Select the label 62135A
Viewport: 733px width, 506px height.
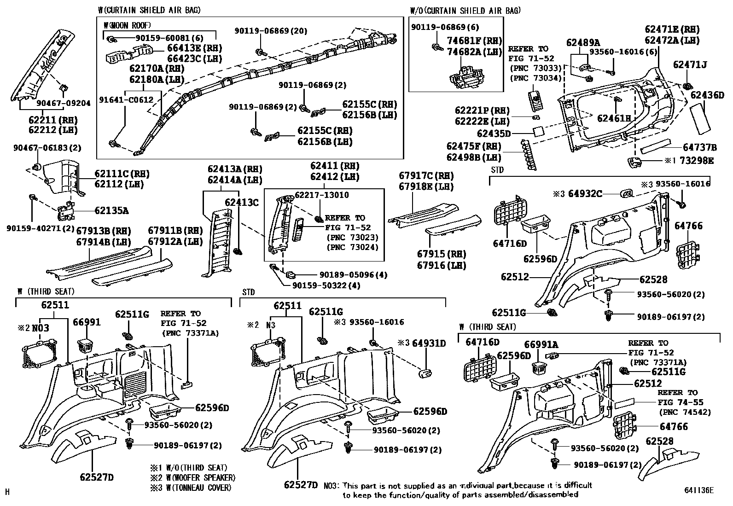pyautogui.click(x=111, y=211)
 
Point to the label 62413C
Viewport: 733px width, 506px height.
pyautogui.click(x=242, y=202)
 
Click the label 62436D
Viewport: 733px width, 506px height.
pyautogui.click(x=707, y=96)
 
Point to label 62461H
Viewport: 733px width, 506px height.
pyautogui.click(x=614, y=118)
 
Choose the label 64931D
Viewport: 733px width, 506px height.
pyautogui.click(x=429, y=343)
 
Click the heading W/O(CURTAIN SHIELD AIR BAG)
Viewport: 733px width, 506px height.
pyautogui.click(x=465, y=10)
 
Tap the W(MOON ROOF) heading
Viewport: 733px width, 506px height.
pyautogui.click(x=128, y=25)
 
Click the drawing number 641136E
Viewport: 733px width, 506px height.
pyautogui.click(x=698, y=491)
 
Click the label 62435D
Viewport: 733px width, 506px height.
pyautogui.click(x=494, y=134)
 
